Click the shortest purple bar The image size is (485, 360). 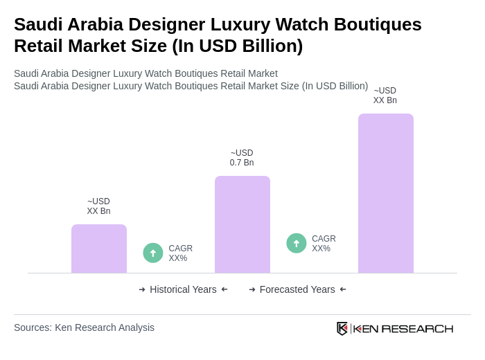click(x=99, y=249)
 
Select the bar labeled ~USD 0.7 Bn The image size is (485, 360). click(x=242, y=224)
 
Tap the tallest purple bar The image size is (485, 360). click(x=386, y=193)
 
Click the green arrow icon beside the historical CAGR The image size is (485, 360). click(x=153, y=253)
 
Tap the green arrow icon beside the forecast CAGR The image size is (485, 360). click(x=297, y=243)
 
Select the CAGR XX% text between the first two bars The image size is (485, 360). click(x=180, y=253)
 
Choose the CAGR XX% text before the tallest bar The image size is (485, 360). click(x=324, y=244)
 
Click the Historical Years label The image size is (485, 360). click(x=183, y=289)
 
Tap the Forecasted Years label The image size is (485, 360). click(x=297, y=289)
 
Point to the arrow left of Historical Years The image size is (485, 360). click(x=142, y=289)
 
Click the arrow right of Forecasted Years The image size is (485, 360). click(x=343, y=289)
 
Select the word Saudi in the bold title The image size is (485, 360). click(x=38, y=24)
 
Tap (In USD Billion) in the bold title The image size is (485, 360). click(x=238, y=46)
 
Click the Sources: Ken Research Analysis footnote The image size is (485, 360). click(x=84, y=327)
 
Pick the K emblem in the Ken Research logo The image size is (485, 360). click(x=342, y=328)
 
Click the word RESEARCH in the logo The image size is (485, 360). click(x=417, y=328)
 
